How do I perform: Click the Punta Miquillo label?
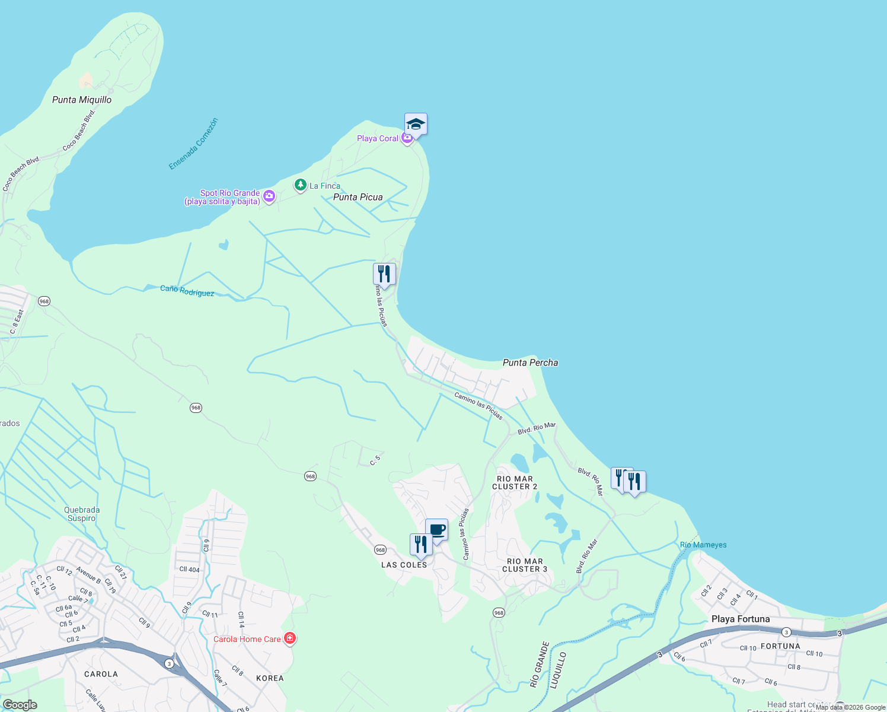click(x=82, y=100)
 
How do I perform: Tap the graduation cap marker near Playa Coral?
click(x=416, y=125)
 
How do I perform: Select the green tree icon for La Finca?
click(x=301, y=186)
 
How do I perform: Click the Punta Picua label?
click(x=358, y=197)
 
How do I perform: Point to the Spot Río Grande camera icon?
click(x=269, y=196)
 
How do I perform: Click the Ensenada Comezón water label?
click(x=193, y=144)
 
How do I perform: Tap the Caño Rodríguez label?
click(x=187, y=291)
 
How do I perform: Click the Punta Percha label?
click(x=530, y=363)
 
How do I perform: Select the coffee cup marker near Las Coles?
click(x=437, y=530)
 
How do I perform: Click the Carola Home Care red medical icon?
click(x=290, y=638)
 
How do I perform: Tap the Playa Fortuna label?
click(x=741, y=619)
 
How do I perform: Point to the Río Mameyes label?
click(x=703, y=545)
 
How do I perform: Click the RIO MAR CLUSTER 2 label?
click(x=515, y=483)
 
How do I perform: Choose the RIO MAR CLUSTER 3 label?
click(x=525, y=565)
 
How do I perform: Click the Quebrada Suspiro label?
click(x=82, y=514)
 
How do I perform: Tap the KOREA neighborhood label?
click(x=270, y=678)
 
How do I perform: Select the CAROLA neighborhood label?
click(x=101, y=674)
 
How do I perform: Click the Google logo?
click(x=20, y=705)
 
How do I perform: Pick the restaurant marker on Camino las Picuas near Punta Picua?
click(x=384, y=274)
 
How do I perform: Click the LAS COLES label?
click(x=404, y=565)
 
